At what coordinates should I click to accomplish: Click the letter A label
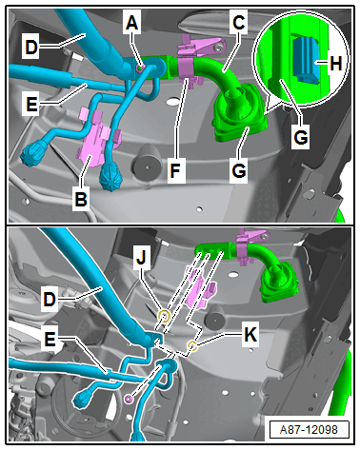click(132, 23)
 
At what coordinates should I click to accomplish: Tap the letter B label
click(81, 199)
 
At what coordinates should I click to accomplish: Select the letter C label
click(238, 23)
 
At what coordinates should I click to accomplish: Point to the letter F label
click(175, 170)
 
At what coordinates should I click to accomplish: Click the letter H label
click(336, 63)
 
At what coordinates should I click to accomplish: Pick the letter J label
click(142, 258)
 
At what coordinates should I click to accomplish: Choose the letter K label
click(250, 334)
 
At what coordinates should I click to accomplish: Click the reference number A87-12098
click(309, 430)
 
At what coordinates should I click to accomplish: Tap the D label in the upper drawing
click(31, 48)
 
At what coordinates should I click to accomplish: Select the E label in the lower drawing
click(50, 340)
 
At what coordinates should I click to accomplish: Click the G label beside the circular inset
click(300, 138)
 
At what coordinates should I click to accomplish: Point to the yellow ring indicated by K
click(192, 345)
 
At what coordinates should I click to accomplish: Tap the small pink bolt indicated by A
click(139, 68)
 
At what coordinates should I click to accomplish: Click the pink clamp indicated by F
click(188, 69)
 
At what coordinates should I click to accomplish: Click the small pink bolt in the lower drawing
click(129, 399)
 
